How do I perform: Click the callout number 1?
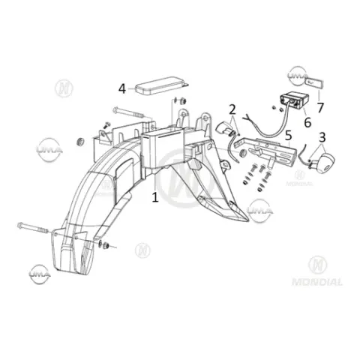pos(155,197)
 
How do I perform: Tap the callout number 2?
pos(232,109)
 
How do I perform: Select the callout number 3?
pos(322,137)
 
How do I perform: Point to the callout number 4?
pos(122,88)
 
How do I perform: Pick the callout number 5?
pos(288,135)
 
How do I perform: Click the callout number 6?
pos(307,122)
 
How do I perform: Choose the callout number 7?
pos(320,108)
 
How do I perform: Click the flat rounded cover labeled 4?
pos(161,85)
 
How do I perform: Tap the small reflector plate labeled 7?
pos(314,83)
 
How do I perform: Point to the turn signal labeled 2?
pos(224,128)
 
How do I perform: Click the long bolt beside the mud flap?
pos(34,227)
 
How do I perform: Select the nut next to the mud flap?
pos(106,245)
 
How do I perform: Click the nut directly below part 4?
pos(183,101)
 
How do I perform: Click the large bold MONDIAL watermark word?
pos(317,282)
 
